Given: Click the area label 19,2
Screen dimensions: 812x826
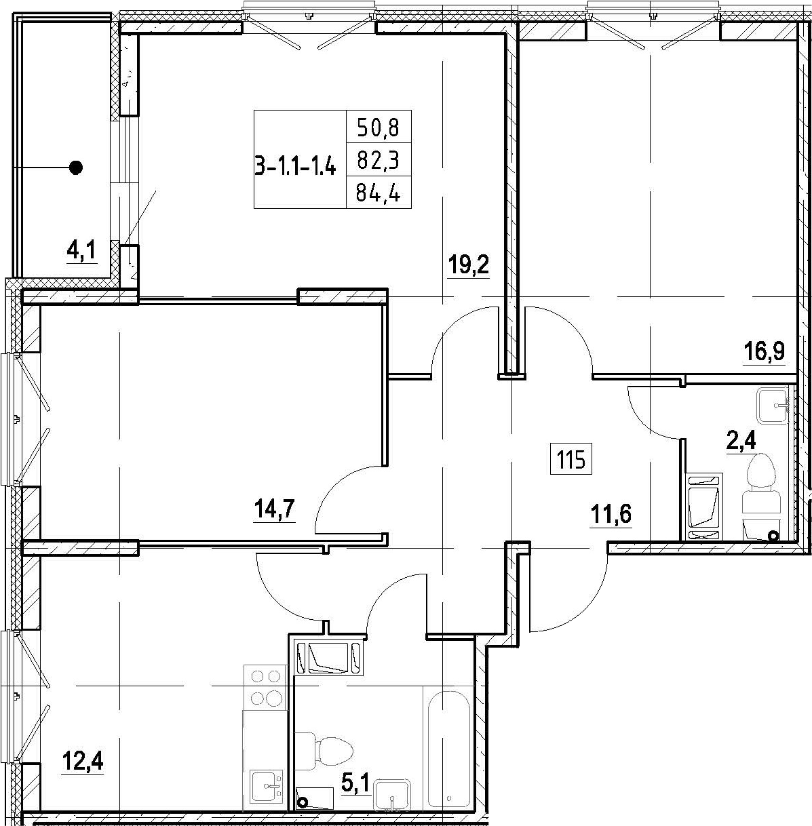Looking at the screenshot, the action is point(469,265).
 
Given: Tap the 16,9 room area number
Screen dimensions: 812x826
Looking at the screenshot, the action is point(765,352).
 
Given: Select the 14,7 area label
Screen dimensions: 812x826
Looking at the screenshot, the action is point(275,510).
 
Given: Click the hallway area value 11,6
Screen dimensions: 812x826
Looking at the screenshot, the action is point(611,514).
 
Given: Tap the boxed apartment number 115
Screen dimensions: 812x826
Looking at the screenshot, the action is point(571,462).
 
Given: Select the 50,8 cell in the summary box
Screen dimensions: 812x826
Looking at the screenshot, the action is point(379,127).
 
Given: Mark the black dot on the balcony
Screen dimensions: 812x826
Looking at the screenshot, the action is point(76,168).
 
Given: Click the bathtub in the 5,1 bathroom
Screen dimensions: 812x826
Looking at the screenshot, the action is point(448,753).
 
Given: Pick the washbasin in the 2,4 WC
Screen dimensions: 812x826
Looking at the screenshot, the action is point(773,405).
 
